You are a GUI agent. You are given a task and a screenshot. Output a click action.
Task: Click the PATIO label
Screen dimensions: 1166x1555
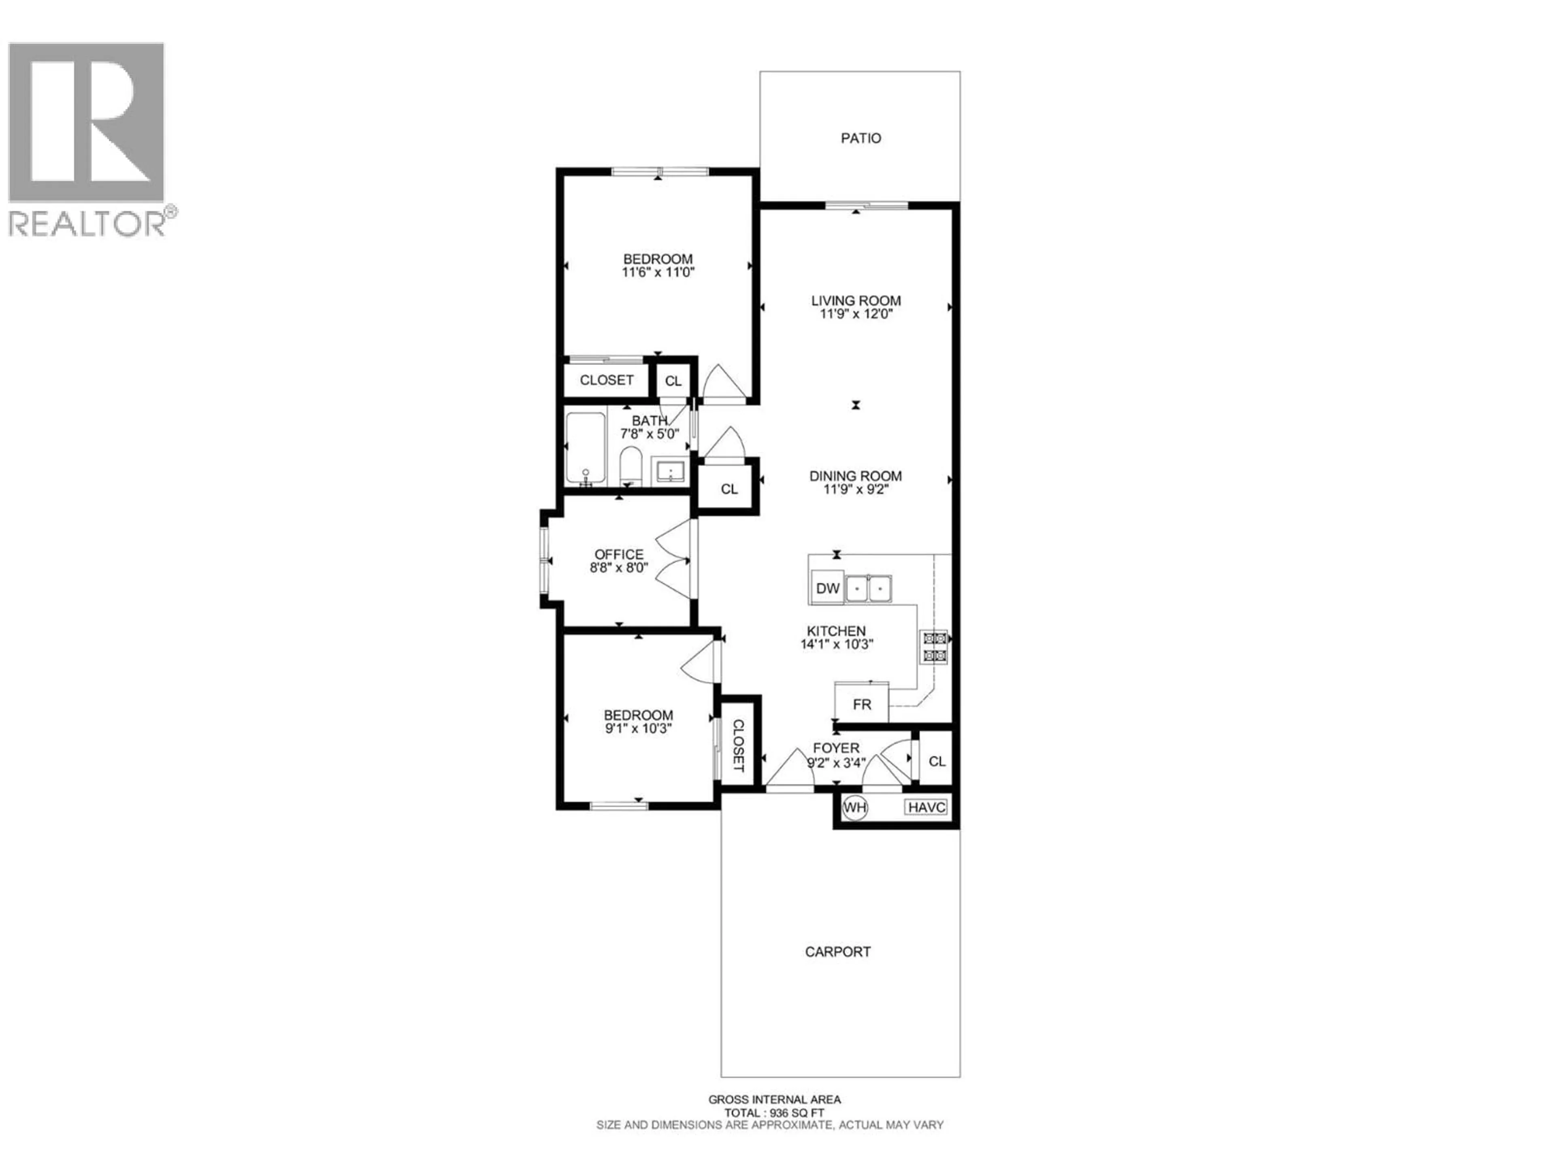pyautogui.click(x=861, y=138)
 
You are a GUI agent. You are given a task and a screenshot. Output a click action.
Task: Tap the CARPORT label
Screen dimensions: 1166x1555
pyautogui.click(x=837, y=952)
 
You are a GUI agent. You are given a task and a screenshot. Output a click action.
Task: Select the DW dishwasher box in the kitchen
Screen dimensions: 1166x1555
pyautogui.click(x=827, y=588)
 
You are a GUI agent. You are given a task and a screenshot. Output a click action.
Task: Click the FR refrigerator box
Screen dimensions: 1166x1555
pyautogui.click(x=861, y=704)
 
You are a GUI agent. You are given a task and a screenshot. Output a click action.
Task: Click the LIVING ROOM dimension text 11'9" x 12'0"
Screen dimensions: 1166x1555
pyautogui.click(x=856, y=314)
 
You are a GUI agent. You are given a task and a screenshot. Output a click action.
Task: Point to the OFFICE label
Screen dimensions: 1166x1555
pyautogui.click(x=619, y=555)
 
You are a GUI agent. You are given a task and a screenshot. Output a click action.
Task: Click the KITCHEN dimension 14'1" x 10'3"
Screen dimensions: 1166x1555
pyautogui.click(x=837, y=644)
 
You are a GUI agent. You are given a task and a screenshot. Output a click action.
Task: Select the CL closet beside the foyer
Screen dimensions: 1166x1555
pyautogui.click(x=936, y=761)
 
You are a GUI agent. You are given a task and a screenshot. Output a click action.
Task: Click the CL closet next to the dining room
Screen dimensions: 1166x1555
pyautogui.click(x=729, y=489)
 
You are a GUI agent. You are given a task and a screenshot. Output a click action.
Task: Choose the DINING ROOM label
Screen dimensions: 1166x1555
pyautogui.click(x=855, y=476)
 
